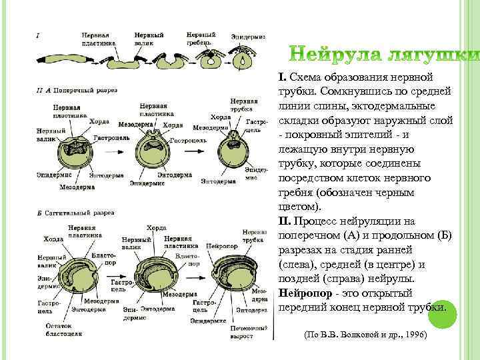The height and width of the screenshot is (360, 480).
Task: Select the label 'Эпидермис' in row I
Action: pyautogui.click(x=248, y=36)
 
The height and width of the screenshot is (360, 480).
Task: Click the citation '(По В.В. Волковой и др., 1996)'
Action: pyautogui.click(x=365, y=333)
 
